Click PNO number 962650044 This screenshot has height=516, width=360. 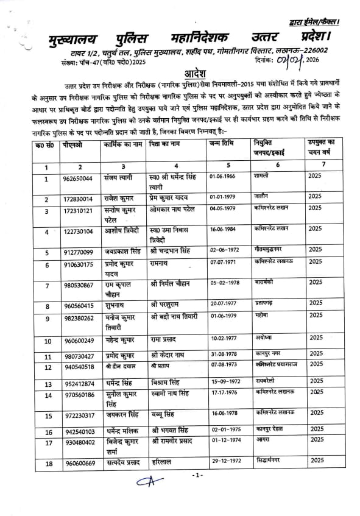click(x=79, y=178)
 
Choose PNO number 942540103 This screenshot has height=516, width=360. click(x=78, y=431)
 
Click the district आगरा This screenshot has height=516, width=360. click(x=263, y=438)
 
